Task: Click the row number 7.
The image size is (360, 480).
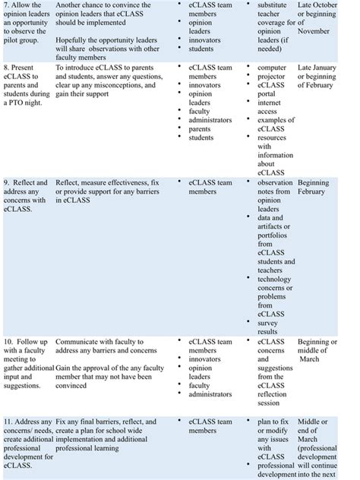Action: tap(7, 5)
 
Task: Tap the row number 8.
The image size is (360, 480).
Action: tap(7, 68)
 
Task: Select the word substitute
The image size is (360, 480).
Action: tap(275, 5)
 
